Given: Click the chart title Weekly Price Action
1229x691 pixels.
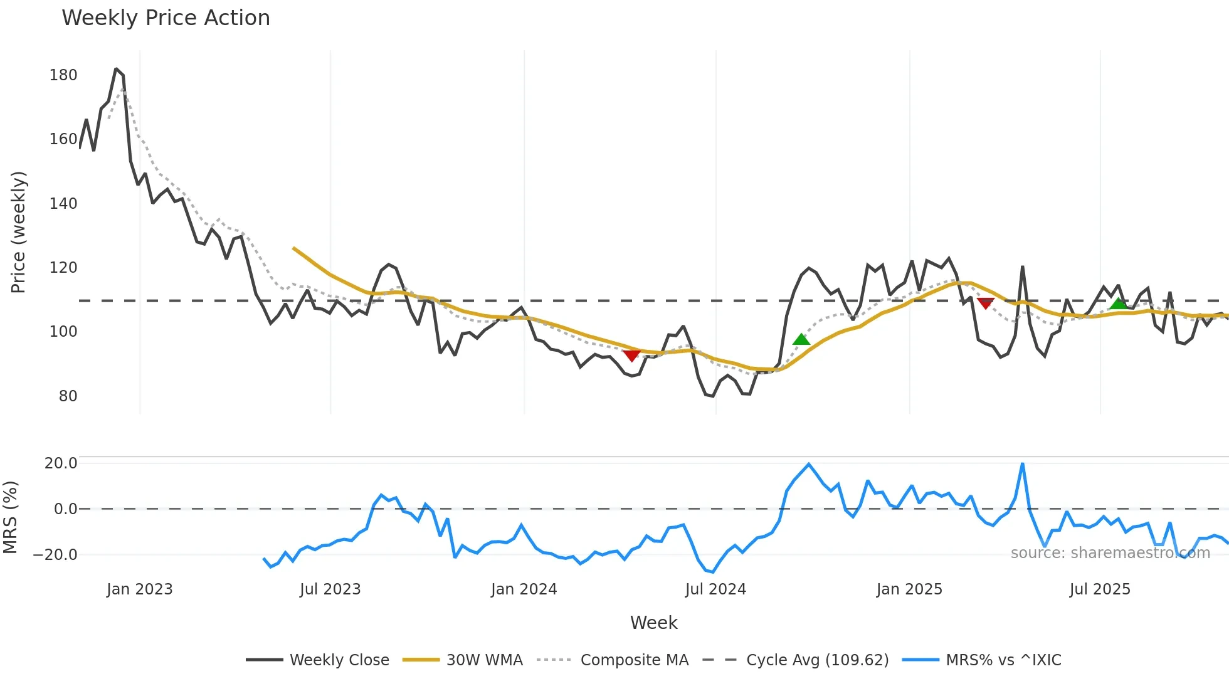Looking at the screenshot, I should coord(166,18).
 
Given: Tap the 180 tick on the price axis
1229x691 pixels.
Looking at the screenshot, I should coord(63,75).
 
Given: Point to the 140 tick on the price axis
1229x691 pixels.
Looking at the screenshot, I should coord(63,204).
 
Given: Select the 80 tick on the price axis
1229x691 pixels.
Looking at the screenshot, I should coord(68,396).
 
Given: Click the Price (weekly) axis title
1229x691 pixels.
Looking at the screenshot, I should coord(18,232).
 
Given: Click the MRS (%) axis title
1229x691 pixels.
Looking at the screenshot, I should coord(10,517).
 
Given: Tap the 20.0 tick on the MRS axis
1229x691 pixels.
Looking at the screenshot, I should coord(61,463).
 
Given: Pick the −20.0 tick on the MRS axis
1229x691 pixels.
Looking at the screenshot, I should coord(55,555).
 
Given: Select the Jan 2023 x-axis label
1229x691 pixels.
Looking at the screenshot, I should coord(139,589).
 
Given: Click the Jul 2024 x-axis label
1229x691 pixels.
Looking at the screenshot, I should coord(715,589).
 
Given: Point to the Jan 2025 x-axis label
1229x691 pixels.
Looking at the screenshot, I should coord(909,589).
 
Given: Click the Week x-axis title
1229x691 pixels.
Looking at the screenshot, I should coord(653,623).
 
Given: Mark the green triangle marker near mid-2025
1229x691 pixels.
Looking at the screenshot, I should coord(1119,304).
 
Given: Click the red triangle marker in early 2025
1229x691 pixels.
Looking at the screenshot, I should coord(986,303).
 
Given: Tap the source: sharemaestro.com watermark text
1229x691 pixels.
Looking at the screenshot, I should coord(1110,553).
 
